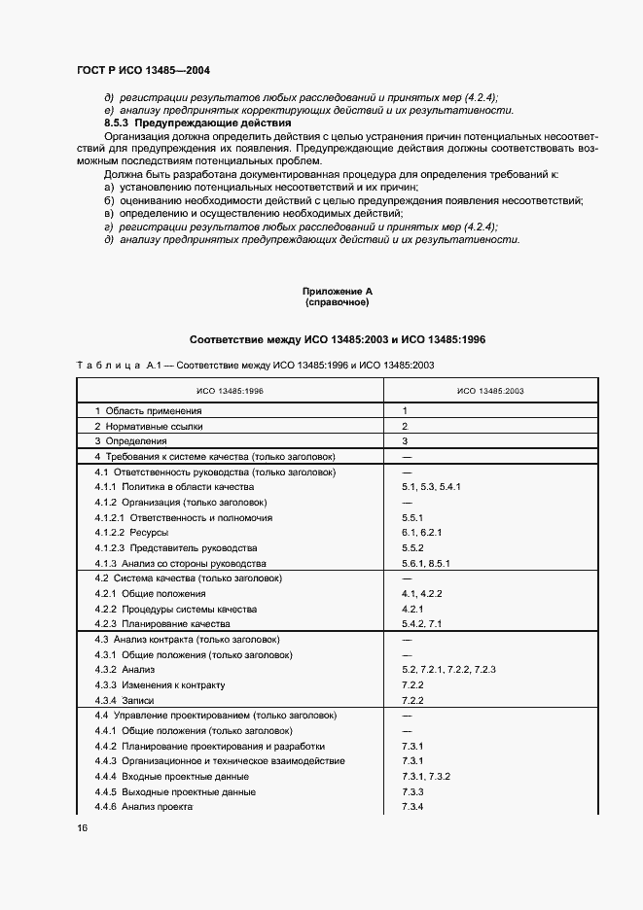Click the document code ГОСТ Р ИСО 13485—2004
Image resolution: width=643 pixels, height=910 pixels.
pyautogui.click(x=143, y=70)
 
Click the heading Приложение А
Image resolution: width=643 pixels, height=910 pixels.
pyautogui.click(x=337, y=291)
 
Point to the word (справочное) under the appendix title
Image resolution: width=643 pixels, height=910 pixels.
pyautogui.click(x=337, y=302)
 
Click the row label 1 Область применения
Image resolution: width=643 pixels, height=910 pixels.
pyautogui.click(x=148, y=411)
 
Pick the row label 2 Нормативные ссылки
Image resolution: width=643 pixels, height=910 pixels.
pyautogui.click(x=149, y=426)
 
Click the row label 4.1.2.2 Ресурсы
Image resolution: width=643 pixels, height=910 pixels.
pyautogui.click(x=131, y=533)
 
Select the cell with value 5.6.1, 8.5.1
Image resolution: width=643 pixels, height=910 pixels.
pyautogui.click(x=425, y=564)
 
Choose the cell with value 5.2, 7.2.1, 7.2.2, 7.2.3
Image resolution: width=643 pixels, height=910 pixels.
pyautogui.click(x=448, y=670)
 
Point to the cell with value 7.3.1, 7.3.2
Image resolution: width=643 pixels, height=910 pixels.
pyautogui.click(x=425, y=776)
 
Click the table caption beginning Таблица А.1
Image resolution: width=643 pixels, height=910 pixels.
pyautogui.click(x=255, y=364)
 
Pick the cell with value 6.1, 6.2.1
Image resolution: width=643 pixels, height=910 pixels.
pyautogui.click(x=421, y=533)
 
